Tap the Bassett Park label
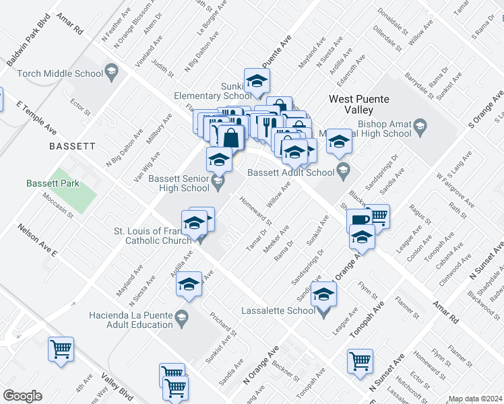[53, 183]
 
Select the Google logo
[22, 396]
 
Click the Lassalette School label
[278, 310]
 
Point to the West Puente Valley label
[359, 104]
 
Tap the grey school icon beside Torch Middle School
[111, 72]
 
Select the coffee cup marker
[358, 220]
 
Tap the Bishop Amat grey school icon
[420, 125]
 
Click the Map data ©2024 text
[475, 399]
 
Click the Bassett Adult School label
[291, 172]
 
